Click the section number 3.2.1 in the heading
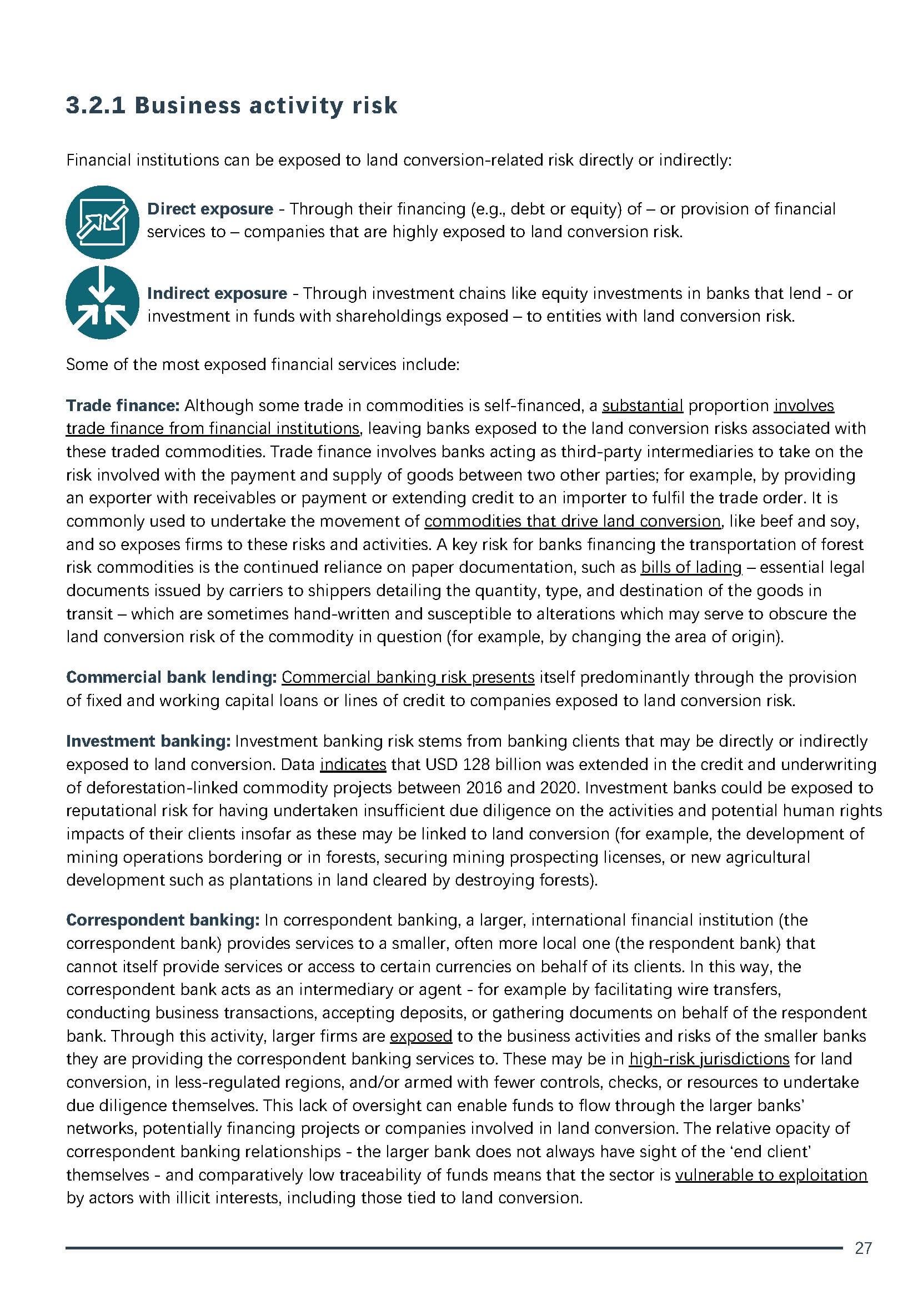[96, 106]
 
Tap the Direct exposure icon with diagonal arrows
[102, 222]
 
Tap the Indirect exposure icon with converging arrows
[102, 302]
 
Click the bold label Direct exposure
[210, 209]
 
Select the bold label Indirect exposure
[217, 293]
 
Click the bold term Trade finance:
[123, 406]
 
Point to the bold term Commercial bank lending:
[172, 677]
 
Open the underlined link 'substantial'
[643, 406]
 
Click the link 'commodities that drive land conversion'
[572, 521]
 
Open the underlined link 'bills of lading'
[691, 567]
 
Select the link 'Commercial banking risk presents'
[408, 677]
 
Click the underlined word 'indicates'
[353, 764]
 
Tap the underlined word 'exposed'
[421, 1036]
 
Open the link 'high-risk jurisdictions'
[709, 1059]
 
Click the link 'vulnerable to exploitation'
[771, 1175]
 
